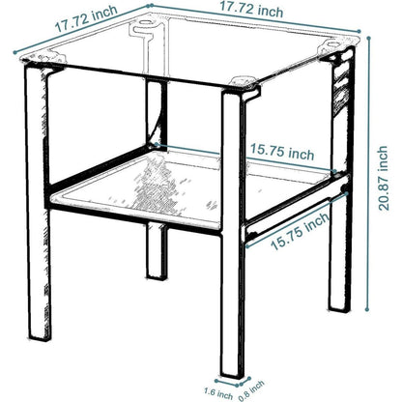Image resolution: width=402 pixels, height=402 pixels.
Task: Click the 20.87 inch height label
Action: tap(383, 178)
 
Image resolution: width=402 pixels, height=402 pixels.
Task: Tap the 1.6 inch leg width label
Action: tap(218, 393)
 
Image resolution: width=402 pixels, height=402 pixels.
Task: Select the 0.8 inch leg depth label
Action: tap(251, 390)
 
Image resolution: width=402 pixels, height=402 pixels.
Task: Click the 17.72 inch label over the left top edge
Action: tap(86, 18)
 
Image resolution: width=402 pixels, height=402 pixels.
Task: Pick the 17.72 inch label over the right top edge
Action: tap(251, 10)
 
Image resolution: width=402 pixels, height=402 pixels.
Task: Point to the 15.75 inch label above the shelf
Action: tap(282, 152)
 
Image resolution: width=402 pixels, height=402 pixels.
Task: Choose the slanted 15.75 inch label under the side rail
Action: tap(301, 231)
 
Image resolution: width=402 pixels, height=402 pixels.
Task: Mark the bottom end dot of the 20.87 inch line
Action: tap(367, 309)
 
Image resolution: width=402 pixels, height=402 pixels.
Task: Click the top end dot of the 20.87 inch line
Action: tap(368, 38)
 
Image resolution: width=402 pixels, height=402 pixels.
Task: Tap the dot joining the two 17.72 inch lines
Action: tap(149, 6)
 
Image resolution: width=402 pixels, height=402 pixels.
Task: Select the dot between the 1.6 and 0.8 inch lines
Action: tap(237, 385)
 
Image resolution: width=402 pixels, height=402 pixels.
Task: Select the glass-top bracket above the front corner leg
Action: tap(244, 85)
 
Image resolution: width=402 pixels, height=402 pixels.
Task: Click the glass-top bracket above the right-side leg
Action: tap(335, 49)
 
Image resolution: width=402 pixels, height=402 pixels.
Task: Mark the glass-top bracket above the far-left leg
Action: tap(43, 61)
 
